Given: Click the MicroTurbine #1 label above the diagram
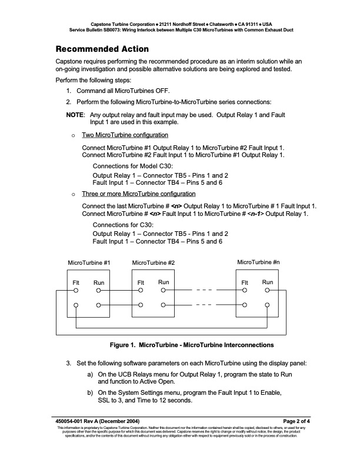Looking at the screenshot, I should tap(89, 262).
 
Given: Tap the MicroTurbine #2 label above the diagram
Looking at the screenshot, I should tap(154, 262).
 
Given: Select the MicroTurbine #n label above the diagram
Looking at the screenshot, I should tap(258, 262).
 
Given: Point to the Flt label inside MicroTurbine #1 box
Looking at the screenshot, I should tap(76, 283).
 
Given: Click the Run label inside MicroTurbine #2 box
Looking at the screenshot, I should tap(164, 283).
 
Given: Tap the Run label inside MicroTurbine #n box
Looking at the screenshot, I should tap(268, 283).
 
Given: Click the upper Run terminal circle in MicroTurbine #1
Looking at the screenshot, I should tap(99, 291).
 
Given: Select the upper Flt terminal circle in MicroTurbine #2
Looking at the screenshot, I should tap(141, 291).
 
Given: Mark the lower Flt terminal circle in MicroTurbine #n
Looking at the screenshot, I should tap(245, 305).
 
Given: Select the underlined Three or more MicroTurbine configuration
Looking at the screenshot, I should tap(138, 194).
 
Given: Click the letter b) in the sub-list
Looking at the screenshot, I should tap(90, 392).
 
